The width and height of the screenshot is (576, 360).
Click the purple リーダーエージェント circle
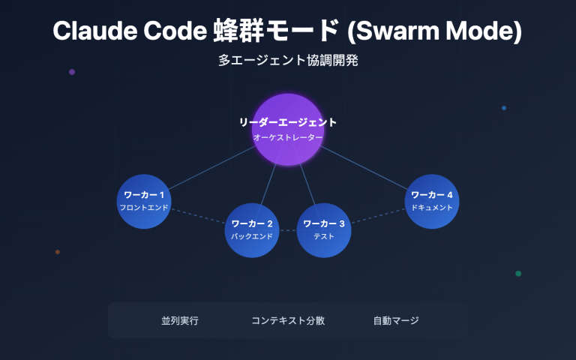click(x=287, y=129)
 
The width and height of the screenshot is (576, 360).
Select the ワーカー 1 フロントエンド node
click(x=144, y=200)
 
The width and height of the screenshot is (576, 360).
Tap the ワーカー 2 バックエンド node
click(x=252, y=229)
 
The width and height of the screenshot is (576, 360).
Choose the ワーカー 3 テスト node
click(x=324, y=229)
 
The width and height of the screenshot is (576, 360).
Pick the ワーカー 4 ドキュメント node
click(x=432, y=200)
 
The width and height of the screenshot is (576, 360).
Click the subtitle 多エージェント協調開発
click(x=288, y=61)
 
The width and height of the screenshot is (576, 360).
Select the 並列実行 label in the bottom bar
click(x=180, y=320)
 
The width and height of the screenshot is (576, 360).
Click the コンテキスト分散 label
click(x=288, y=320)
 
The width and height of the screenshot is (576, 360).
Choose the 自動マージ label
click(x=396, y=320)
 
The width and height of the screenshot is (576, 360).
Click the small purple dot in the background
click(x=72, y=72)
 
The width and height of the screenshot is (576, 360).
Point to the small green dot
click(x=518, y=274)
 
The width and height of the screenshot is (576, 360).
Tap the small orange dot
click(x=58, y=252)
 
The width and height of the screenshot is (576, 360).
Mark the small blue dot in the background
click(x=504, y=108)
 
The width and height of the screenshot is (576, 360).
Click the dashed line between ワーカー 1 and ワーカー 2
click(x=198, y=215)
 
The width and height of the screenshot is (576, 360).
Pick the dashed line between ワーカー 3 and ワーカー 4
click(x=378, y=216)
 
